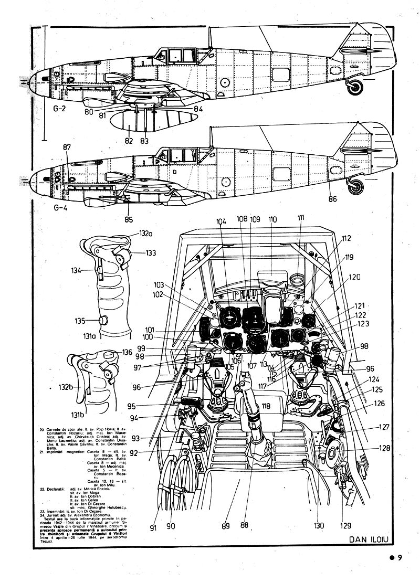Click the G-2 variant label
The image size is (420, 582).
coord(60,110)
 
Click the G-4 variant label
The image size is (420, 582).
coord(60,206)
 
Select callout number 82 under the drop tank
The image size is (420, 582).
coord(129,141)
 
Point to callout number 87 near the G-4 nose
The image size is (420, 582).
coord(67,148)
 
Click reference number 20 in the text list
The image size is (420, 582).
coord(41,429)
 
